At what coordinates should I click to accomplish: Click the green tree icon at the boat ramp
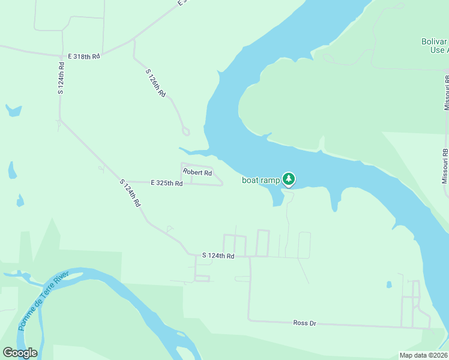(x=289, y=179)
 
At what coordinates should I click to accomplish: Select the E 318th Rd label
(x=83, y=56)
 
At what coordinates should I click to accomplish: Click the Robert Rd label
(x=197, y=173)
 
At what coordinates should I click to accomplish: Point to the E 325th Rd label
(x=166, y=182)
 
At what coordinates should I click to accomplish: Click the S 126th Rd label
(x=155, y=83)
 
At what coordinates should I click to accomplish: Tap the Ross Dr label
(x=304, y=323)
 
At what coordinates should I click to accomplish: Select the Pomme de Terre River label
(x=44, y=299)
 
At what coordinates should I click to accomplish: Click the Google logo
(x=20, y=353)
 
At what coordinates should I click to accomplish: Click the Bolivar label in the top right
(x=433, y=42)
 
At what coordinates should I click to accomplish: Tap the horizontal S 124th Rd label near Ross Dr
(x=217, y=256)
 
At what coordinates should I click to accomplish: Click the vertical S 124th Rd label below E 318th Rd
(x=61, y=77)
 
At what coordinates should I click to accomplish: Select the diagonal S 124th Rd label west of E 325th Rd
(x=130, y=193)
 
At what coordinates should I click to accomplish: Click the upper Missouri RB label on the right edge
(x=446, y=92)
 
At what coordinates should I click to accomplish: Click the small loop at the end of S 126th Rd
(x=185, y=131)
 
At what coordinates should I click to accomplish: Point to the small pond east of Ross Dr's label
(x=389, y=284)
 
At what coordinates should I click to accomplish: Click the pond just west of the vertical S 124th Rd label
(x=13, y=110)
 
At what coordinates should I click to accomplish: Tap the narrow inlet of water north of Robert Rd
(x=192, y=150)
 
